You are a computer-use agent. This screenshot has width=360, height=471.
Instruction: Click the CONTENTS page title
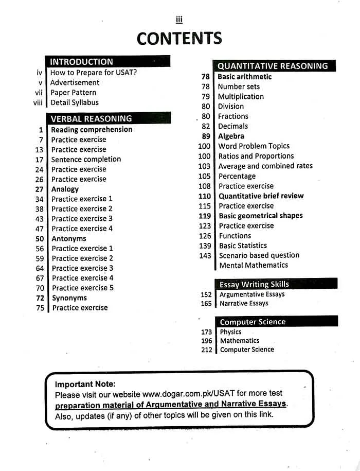[x=179, y=38]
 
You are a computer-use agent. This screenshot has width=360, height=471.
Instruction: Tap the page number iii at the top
[x=179, y=20]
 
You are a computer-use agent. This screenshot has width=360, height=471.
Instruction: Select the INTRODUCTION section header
[x=81, y=62]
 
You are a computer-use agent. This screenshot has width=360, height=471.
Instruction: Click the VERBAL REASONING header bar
[x=91, y=118]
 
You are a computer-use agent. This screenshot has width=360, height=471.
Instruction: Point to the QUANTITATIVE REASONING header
[x=272, y=66]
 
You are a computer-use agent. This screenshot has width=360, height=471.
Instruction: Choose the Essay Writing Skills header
[x=254, y=284]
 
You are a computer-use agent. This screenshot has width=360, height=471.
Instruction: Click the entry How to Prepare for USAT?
[x=94, y=73]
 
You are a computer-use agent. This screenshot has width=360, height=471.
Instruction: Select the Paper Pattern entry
[x=73, y=93]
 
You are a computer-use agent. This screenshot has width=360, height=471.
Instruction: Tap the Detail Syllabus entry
[x=75, y=102]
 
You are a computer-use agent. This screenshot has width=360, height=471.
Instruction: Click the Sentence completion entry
[x=86, y=160]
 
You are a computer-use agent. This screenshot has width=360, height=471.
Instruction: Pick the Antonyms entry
[x=69, y=239]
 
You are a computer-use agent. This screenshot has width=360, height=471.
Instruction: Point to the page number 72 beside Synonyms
[x=40, y=298]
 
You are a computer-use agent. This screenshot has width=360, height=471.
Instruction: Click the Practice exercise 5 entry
[x=82, y=288]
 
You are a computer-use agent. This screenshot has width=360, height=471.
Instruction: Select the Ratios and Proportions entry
[x=256, y=156]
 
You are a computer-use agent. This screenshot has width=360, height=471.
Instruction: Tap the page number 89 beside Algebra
[x=206, y=136]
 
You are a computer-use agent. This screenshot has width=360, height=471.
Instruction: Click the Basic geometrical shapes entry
[x=261, y=216]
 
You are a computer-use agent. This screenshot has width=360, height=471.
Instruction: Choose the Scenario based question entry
[x=259, y=255]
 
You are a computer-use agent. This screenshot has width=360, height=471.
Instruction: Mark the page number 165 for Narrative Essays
[x=206, y=304]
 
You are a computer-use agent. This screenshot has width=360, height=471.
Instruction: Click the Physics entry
[x=230, y=332]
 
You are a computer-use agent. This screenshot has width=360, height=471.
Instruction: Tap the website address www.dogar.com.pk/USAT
[x=189, y=394]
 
